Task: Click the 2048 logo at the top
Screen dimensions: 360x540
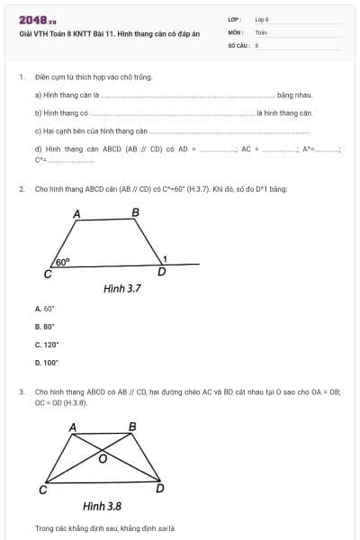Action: pyautogui.click(x=38, y=19)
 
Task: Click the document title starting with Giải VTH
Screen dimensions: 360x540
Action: pyautogui.click(x=103, y=33)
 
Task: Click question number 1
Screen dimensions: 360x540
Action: pyautogui.click(x=21, y=77)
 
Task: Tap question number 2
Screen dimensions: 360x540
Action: pyautogui.click(x=21, y=190)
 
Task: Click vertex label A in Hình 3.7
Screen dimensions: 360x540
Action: pyautogui.click(x=76, y=214)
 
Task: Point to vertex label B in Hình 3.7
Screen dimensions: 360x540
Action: pyautogui.click(x=136, y=212)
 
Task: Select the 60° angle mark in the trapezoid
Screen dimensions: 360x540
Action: pyautogui.click(x=63, y=261)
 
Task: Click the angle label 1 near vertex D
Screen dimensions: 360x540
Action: pyautogui.click(x=164, y=259)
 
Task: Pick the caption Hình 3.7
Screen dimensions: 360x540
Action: pyautogui.click(x=124, y=289)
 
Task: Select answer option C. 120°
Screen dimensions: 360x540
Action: pyautogui.click(x=46, y=345)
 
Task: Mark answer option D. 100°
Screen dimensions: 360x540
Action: pyautogui.click(x=46, y=363)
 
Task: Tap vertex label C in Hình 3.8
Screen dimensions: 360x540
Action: pyautogui.click(x=42, y=490)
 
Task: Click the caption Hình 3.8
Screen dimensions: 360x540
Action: pyautogui.click(x=102, y=507)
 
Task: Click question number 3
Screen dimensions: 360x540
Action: pyautogui.click(x=21, y=392)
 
